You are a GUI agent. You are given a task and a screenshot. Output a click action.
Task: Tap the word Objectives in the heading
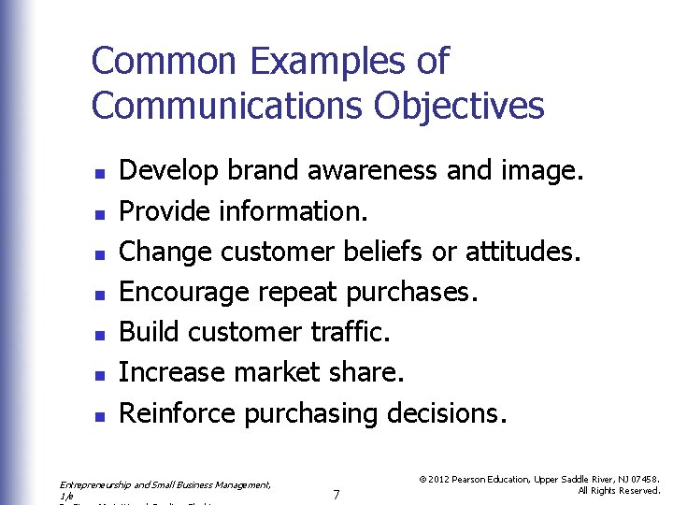459,106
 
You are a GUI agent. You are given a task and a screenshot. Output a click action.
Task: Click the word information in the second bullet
293,211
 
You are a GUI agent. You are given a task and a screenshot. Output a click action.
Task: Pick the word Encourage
184,293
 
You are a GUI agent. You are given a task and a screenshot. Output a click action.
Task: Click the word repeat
297,293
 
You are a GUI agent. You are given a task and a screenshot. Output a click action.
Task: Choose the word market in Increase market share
277,372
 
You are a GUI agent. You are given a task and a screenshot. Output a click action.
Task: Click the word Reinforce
178,412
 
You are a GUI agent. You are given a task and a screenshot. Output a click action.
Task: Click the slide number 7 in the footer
336,494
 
